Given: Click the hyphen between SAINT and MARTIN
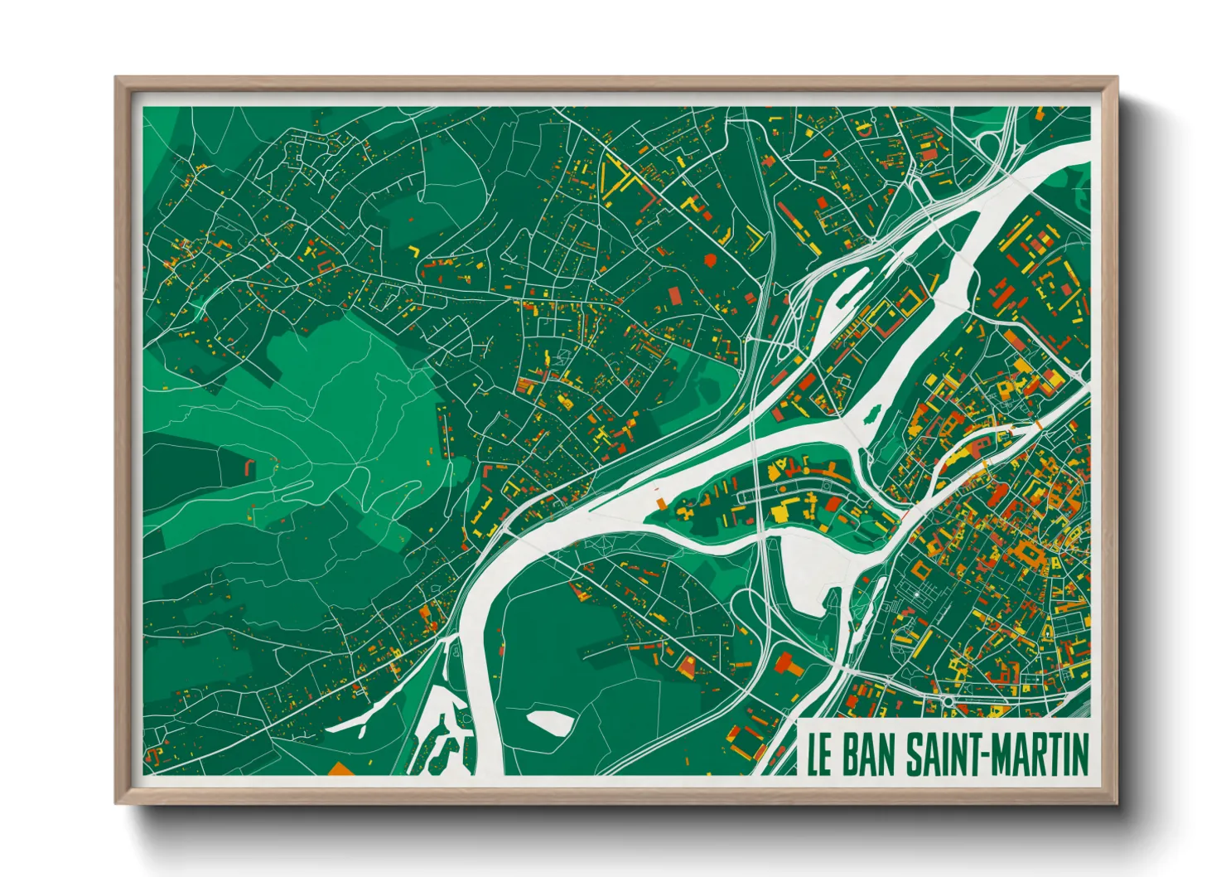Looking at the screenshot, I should click(985, 754).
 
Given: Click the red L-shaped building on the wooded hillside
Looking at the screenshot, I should click(249, 468).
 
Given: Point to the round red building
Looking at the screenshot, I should click(710, 259).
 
